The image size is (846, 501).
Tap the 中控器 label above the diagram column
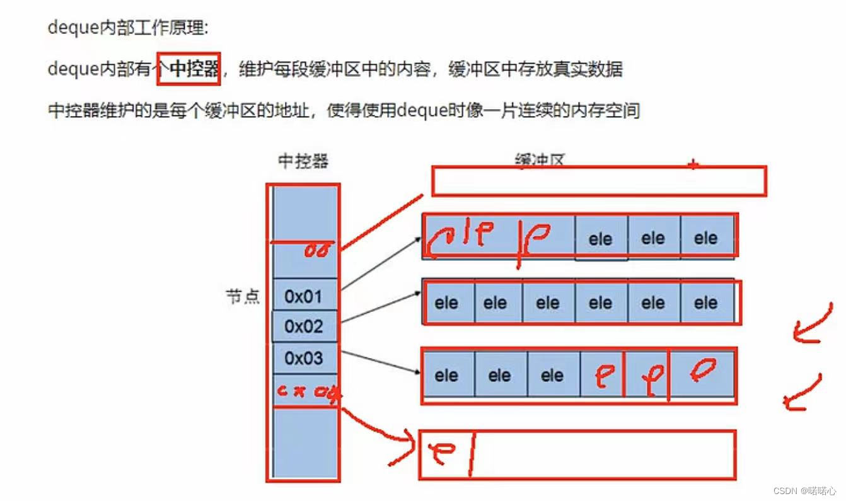point(303,161)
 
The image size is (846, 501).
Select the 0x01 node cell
point(303,296)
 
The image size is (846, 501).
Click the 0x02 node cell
point(303,326)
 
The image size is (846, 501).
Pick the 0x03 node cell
point(303,358)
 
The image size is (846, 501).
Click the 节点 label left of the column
point(243,297)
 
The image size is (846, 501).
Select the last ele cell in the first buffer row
point(705,238)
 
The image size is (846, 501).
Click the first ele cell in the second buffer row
point(446,303)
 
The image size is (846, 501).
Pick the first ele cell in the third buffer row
point(446,376)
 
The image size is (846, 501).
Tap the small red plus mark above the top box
point(693,165)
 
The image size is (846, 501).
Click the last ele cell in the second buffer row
point(705,303)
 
